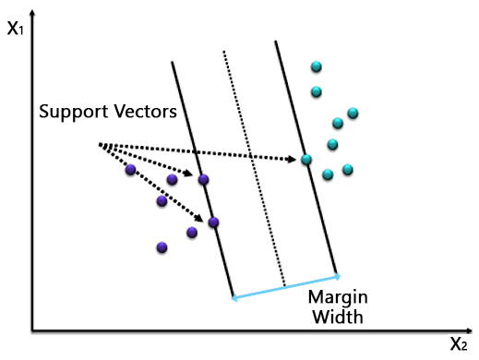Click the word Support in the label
tap(73, 112)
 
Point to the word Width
tap(337, 318)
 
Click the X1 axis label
tap(16, 28)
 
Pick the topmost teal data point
tap(317, 66)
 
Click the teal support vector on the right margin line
tap(306, 160)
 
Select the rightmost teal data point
tap(353, 114)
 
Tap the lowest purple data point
tap(162, 246)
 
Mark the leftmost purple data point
tap(130, 170)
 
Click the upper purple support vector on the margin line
tap(203, 179)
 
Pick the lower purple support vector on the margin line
tap(213, 222)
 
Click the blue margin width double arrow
tap(284, 286)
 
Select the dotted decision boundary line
tap(254, 166)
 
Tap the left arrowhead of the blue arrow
tap(234, 297)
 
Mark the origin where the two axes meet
tap(32, 330)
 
